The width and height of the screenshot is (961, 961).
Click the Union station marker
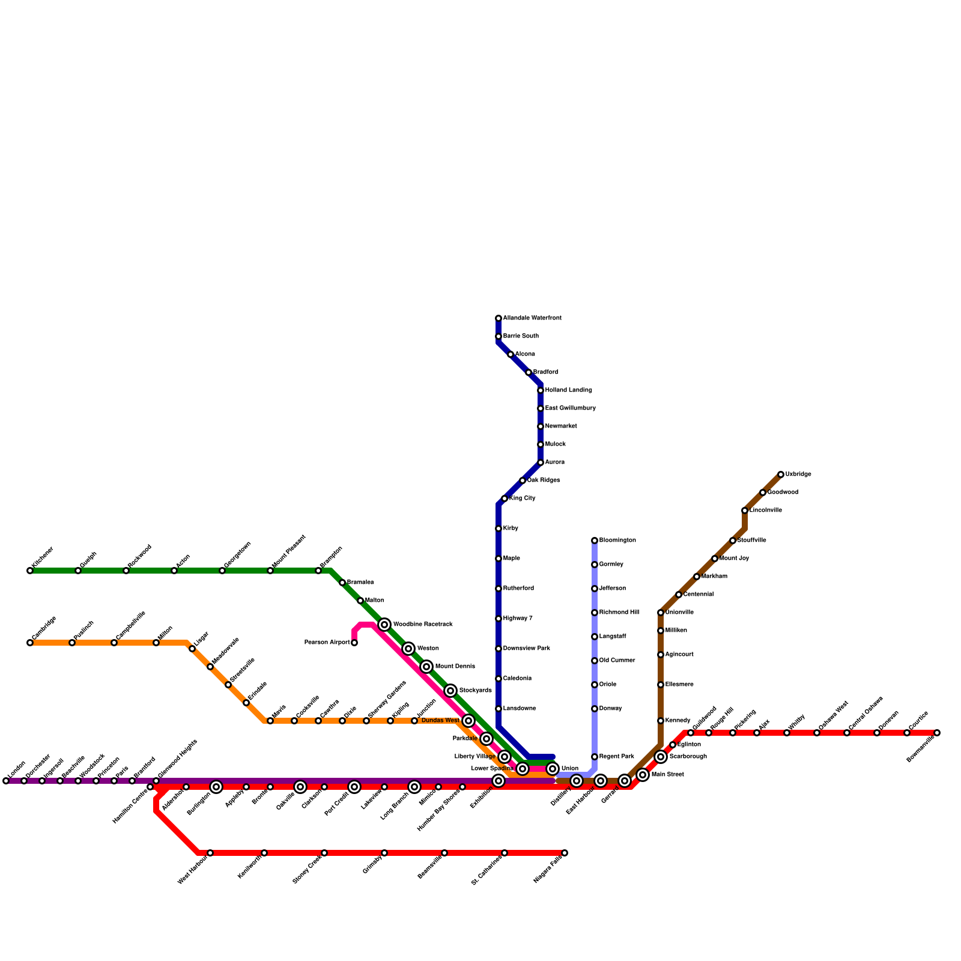coord(553,769)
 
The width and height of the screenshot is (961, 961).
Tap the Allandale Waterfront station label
coord(532,318)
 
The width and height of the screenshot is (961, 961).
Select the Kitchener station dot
coord(30,571)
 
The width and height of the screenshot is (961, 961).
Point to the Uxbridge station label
coord(798,474)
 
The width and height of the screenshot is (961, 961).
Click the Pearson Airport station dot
coord(354,643)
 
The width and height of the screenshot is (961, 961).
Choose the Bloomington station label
coord(617,541)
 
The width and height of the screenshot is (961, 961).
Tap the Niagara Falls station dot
coord(565,853)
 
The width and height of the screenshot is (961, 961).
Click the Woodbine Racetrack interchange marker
coord(384,625)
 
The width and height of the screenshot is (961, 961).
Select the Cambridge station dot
coord(30,643)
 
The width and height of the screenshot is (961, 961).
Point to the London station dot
coord(6,781)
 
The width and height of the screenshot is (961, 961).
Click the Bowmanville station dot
coord(937,733)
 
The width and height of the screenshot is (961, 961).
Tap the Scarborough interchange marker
coord(661,757)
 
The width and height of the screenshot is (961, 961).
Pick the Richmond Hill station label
coord(619,613)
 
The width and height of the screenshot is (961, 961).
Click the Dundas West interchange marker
coord(468,721)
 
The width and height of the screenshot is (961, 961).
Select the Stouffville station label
coord(751,541)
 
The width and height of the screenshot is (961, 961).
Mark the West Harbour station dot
coord(210,853)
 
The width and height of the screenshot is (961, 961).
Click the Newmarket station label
coord(561,426)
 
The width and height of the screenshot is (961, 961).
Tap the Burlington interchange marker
coord(216,787)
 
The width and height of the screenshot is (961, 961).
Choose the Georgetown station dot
coord(222,571)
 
